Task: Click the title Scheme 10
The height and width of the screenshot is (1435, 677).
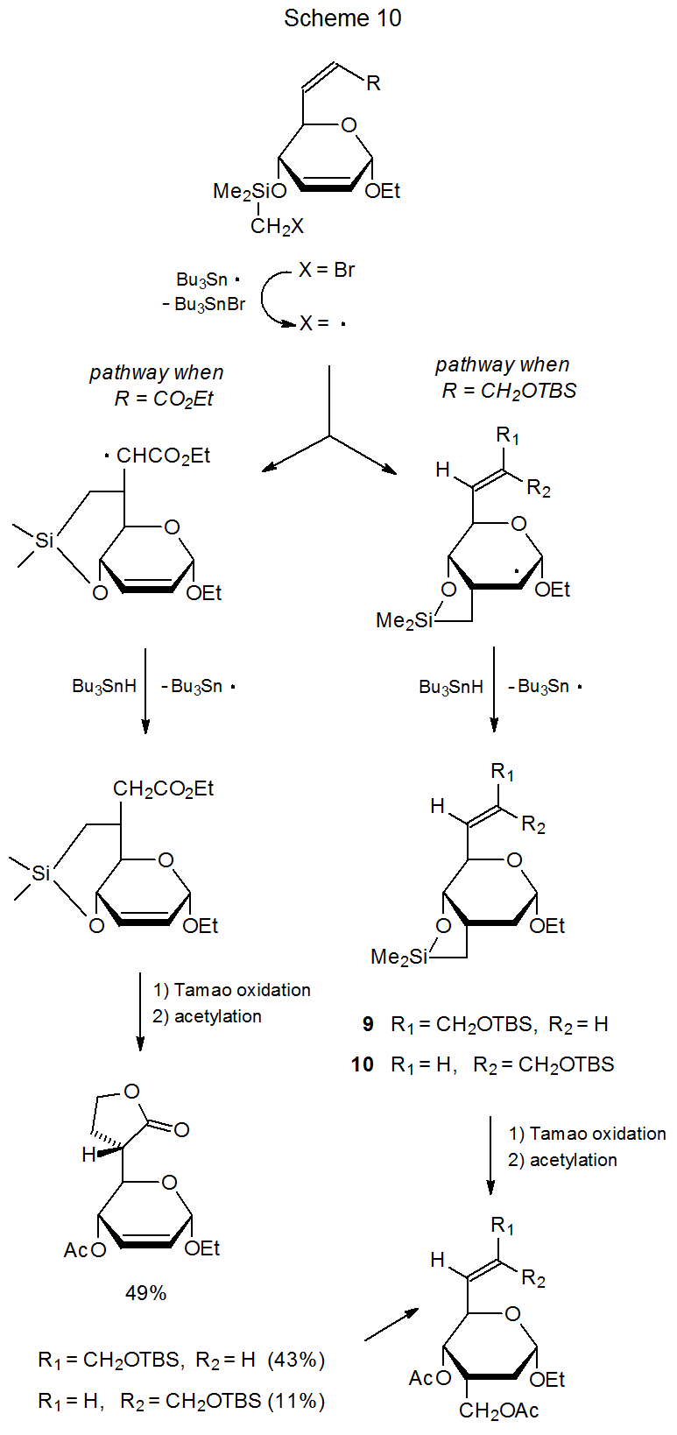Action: pos(342,18)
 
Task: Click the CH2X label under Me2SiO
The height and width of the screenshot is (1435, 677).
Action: pos(277,227)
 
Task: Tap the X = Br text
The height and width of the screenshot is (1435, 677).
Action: pos(326,271)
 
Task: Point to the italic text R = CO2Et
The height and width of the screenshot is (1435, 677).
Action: pos(164,399)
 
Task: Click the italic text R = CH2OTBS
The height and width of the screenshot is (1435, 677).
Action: pos(509,391)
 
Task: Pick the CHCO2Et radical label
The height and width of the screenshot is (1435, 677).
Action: pos(163,456)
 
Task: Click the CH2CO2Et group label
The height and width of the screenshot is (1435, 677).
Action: pos(163,789)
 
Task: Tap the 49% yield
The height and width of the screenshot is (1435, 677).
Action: pos(145,1293)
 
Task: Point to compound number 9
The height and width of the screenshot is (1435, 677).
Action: pos(368,1024)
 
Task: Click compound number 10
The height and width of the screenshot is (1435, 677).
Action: pos(363,1064)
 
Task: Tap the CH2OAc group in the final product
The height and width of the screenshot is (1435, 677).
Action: pos(498,1410)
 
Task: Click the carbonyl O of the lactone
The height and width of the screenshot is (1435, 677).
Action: pos(181,1129)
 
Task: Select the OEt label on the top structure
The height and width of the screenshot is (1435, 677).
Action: pos(382,191)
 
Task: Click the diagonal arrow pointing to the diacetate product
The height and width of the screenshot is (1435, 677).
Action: pos(391,1325)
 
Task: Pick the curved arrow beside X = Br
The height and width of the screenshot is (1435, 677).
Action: pos(276,298)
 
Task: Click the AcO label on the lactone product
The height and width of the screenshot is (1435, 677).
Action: pos(84,1250)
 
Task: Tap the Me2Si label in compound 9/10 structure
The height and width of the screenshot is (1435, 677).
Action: pos(398,957)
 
